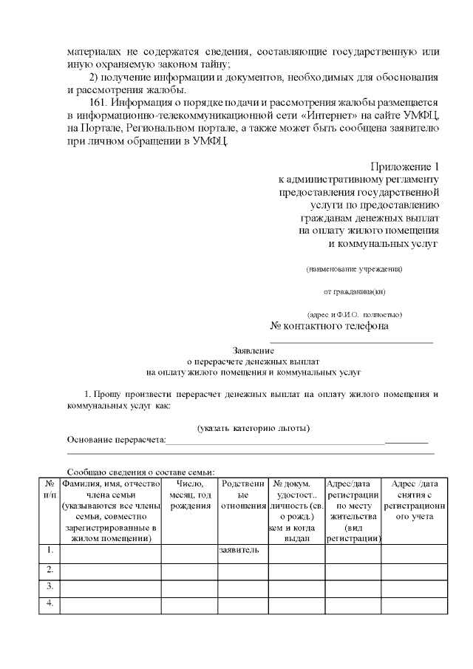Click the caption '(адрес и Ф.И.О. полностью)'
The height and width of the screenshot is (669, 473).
[355, 314]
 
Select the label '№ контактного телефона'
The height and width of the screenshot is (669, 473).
[329, 326]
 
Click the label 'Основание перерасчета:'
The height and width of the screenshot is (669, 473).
[117, 441]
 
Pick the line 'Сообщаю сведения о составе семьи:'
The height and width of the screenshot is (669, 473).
[140, 472]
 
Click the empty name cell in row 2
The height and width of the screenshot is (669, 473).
[110, 569]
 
